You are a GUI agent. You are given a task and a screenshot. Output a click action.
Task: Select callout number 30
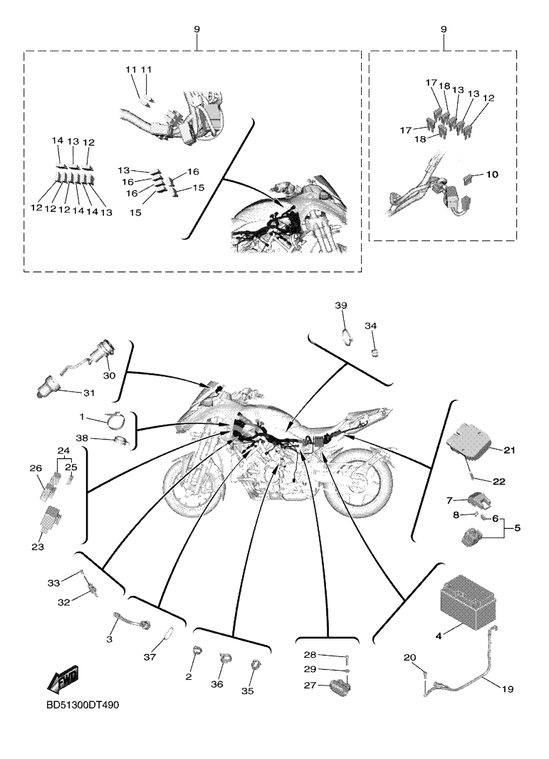coord(109,376)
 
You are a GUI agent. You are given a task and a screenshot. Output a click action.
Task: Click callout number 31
coord(88,393)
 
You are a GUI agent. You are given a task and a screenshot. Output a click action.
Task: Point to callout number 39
coord(341,305)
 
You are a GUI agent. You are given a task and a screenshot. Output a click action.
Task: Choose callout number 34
coord(370,326)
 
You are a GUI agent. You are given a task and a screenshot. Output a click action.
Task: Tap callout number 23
coord(37,547)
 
